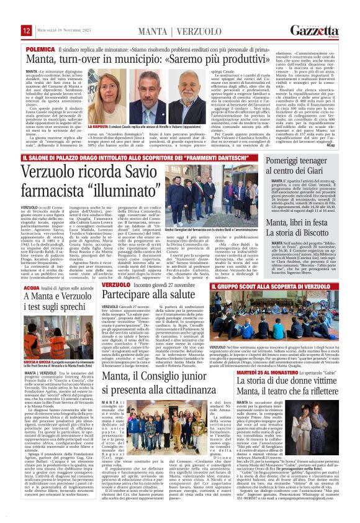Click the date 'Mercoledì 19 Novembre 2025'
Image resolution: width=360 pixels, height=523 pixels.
(61, 30)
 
